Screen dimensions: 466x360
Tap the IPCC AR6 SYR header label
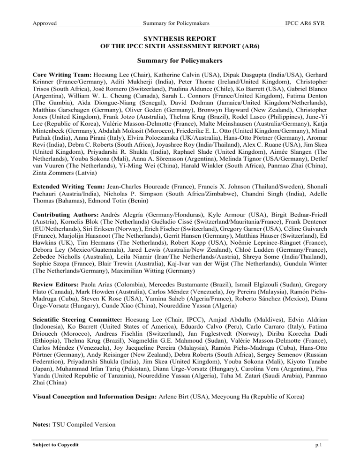(307, 23)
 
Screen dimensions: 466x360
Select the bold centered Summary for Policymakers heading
(180, 60)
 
